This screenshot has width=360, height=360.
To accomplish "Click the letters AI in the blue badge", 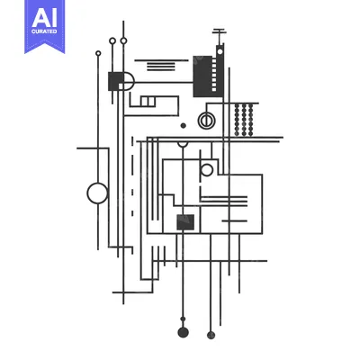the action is click(x=44, y=18).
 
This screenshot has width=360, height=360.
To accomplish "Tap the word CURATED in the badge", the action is click(x=44, y=31).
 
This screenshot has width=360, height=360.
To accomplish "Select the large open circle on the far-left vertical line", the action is click(x=97, y=193).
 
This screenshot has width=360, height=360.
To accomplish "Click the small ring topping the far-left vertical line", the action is click(x=98, y=53).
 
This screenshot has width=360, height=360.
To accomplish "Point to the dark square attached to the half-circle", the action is click(x=116, y=81).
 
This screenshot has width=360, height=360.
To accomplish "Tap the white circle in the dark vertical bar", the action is click(x=220, y=51).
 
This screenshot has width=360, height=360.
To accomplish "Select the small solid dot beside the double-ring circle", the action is click(x=183, y=126).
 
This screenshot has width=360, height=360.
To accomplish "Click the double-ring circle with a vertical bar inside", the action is click(x=206, y=121).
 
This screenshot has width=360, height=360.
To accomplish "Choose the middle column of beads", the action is click(x=244, y=120).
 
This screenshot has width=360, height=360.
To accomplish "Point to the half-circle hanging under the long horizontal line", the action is click(x=183, y=145).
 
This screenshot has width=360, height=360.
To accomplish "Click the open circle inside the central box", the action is click(x=207, y=170).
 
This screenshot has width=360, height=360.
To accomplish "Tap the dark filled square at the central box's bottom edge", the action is click(x=185, y=222).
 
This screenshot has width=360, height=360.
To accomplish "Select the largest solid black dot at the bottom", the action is click(x=183, y=332).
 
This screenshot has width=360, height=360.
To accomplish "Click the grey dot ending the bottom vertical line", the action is click(x=211, y=335).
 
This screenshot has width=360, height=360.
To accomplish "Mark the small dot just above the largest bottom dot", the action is click(x=183, y=319).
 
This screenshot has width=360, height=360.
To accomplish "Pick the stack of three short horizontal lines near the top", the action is click(x=161, y=67).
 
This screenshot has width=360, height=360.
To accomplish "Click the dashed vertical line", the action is click(x=132, y=176).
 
